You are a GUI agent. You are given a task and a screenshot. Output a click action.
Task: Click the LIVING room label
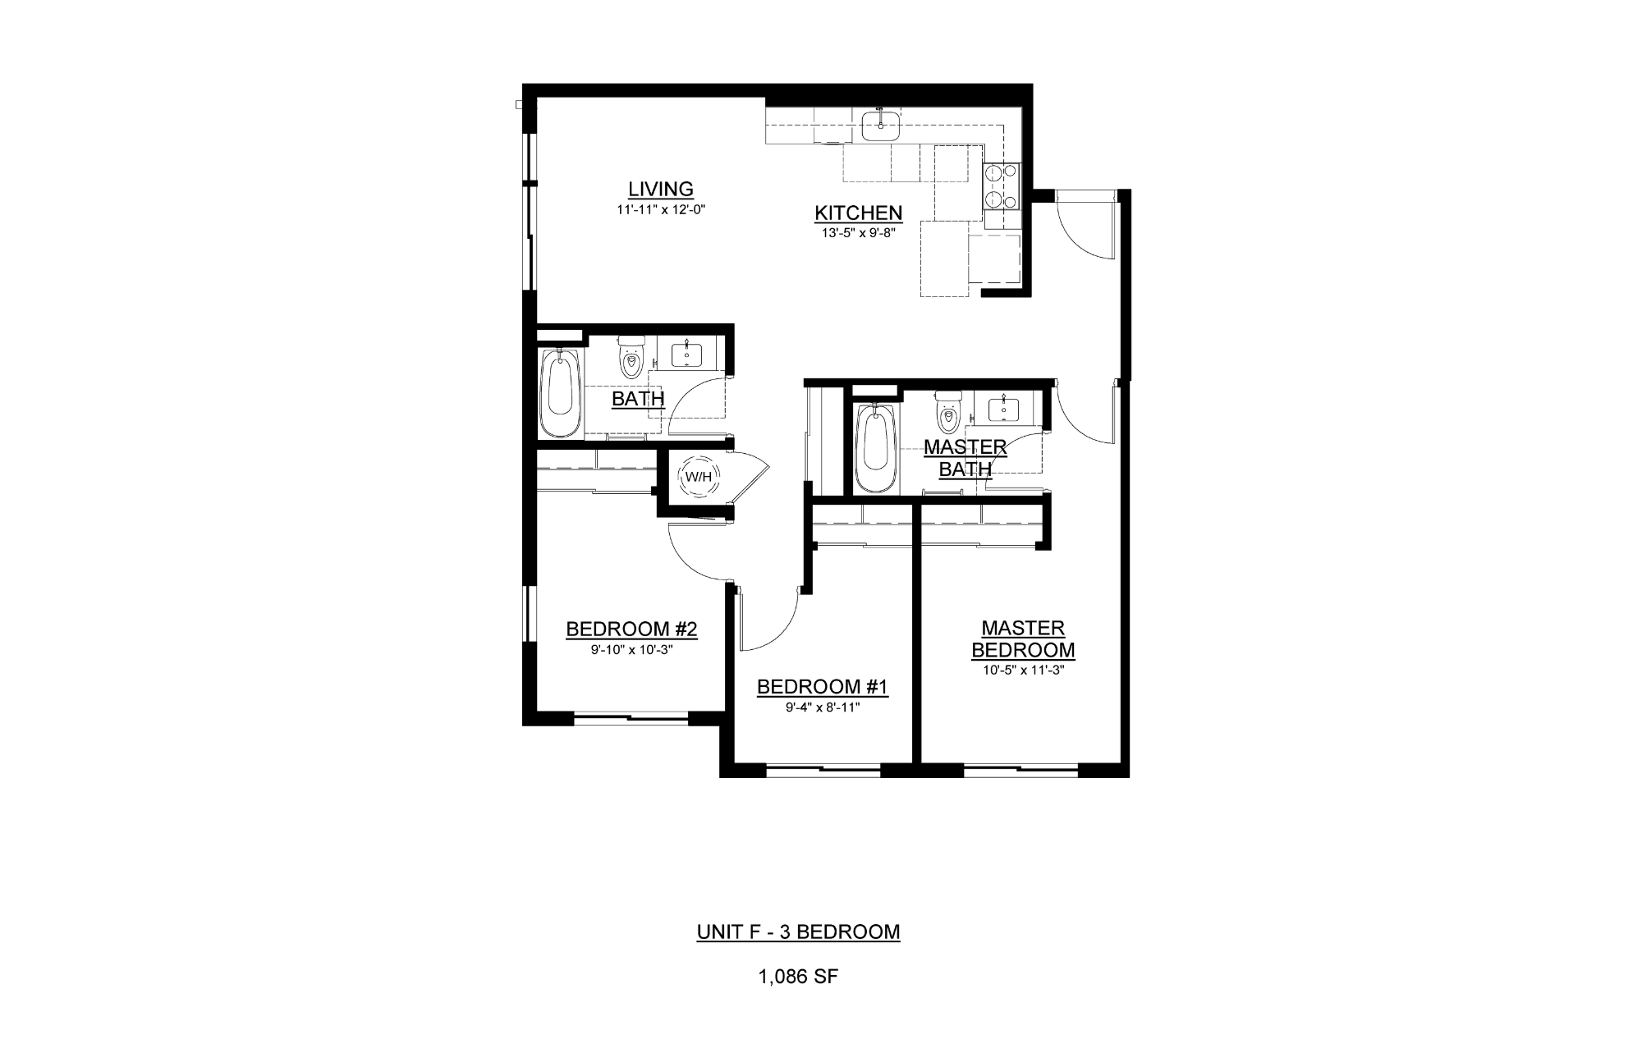click(661, 189)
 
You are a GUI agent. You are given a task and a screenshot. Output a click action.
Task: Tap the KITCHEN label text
click(858, 213)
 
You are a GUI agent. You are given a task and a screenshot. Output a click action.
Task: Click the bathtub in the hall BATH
click(560, 394)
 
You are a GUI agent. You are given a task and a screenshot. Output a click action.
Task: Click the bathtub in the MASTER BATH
click(876, 447)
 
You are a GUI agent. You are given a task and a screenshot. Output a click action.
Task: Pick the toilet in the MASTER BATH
click(948, 412)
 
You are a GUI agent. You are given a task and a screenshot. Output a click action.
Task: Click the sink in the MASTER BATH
click(1003, 407)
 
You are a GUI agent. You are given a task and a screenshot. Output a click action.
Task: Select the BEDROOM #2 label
click(631, 629)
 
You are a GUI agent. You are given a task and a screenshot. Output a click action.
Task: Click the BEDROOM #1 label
click(822, 687)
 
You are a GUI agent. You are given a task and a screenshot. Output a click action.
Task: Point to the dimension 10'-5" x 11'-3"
click(1023, 670)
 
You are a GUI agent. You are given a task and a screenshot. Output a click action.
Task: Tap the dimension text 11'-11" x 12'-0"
click(661, 209)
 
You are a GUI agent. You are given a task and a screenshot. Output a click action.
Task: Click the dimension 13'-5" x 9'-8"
click(858, 232)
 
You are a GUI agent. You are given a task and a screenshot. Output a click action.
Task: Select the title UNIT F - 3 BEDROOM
click(798, 932)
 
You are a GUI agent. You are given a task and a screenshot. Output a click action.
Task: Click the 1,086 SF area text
click(798, 977)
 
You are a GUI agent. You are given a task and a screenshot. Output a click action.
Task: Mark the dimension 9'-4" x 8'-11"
click(822, 707)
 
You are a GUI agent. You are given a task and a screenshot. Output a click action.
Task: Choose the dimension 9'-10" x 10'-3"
click(631, 649)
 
